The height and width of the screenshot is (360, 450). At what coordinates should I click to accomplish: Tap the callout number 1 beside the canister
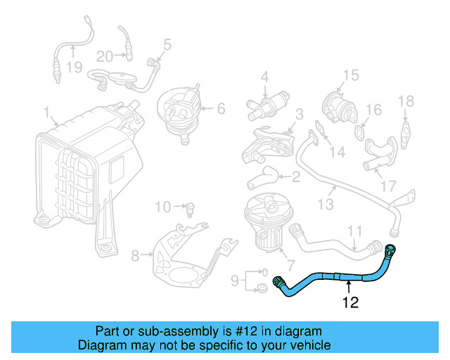46,112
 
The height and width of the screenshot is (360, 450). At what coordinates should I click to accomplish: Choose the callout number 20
104,56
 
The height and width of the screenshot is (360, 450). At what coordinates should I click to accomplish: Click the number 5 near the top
167,45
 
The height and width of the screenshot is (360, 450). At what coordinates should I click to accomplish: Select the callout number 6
220,108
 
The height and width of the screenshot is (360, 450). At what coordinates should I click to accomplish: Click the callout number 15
350,75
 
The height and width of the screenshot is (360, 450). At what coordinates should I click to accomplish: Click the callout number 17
387,187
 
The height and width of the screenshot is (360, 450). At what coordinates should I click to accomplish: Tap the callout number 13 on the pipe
325,204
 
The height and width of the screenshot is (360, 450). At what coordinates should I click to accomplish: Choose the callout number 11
355,230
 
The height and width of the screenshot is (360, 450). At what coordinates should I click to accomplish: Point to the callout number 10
162,207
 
